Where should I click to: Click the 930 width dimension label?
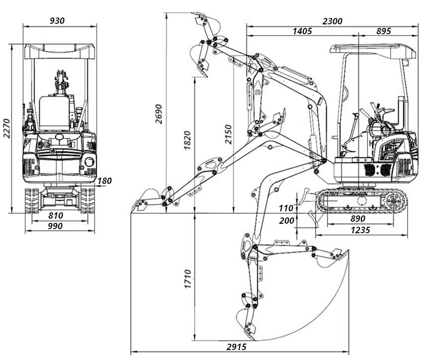[x=58, y=20]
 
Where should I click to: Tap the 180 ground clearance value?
[x=105, y=181]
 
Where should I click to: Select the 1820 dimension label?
[x=188, y=140]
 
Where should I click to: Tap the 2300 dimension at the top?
[x=332, y=21]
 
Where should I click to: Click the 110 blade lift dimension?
[x=286, y=208]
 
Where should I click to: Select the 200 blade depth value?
[x=286, y=221]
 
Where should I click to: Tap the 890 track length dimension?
[x=357, y=218]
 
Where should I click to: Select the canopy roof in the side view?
[x=372, y=49]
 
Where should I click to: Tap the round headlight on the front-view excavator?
[x=89, y=161]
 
